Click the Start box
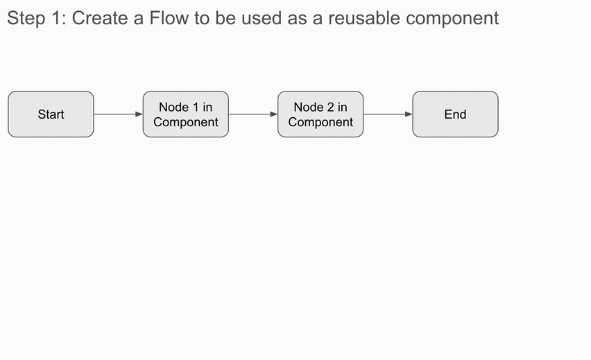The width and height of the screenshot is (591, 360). tap(51, 114)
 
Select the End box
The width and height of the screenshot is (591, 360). tap(455, 114)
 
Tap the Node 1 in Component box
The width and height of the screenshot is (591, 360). tap(185, 114)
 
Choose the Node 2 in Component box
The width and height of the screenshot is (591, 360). tap(320, 114)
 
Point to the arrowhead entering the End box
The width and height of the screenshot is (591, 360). tap(409, 114)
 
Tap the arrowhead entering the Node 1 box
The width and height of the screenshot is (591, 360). tap(139, 114)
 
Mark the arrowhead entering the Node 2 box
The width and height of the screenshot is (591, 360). tap(273, 114)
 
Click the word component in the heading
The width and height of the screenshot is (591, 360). tap(452, 18)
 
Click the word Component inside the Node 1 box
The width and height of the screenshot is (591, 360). tap(186, 123)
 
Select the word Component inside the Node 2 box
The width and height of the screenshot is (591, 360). tap(320, 123)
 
